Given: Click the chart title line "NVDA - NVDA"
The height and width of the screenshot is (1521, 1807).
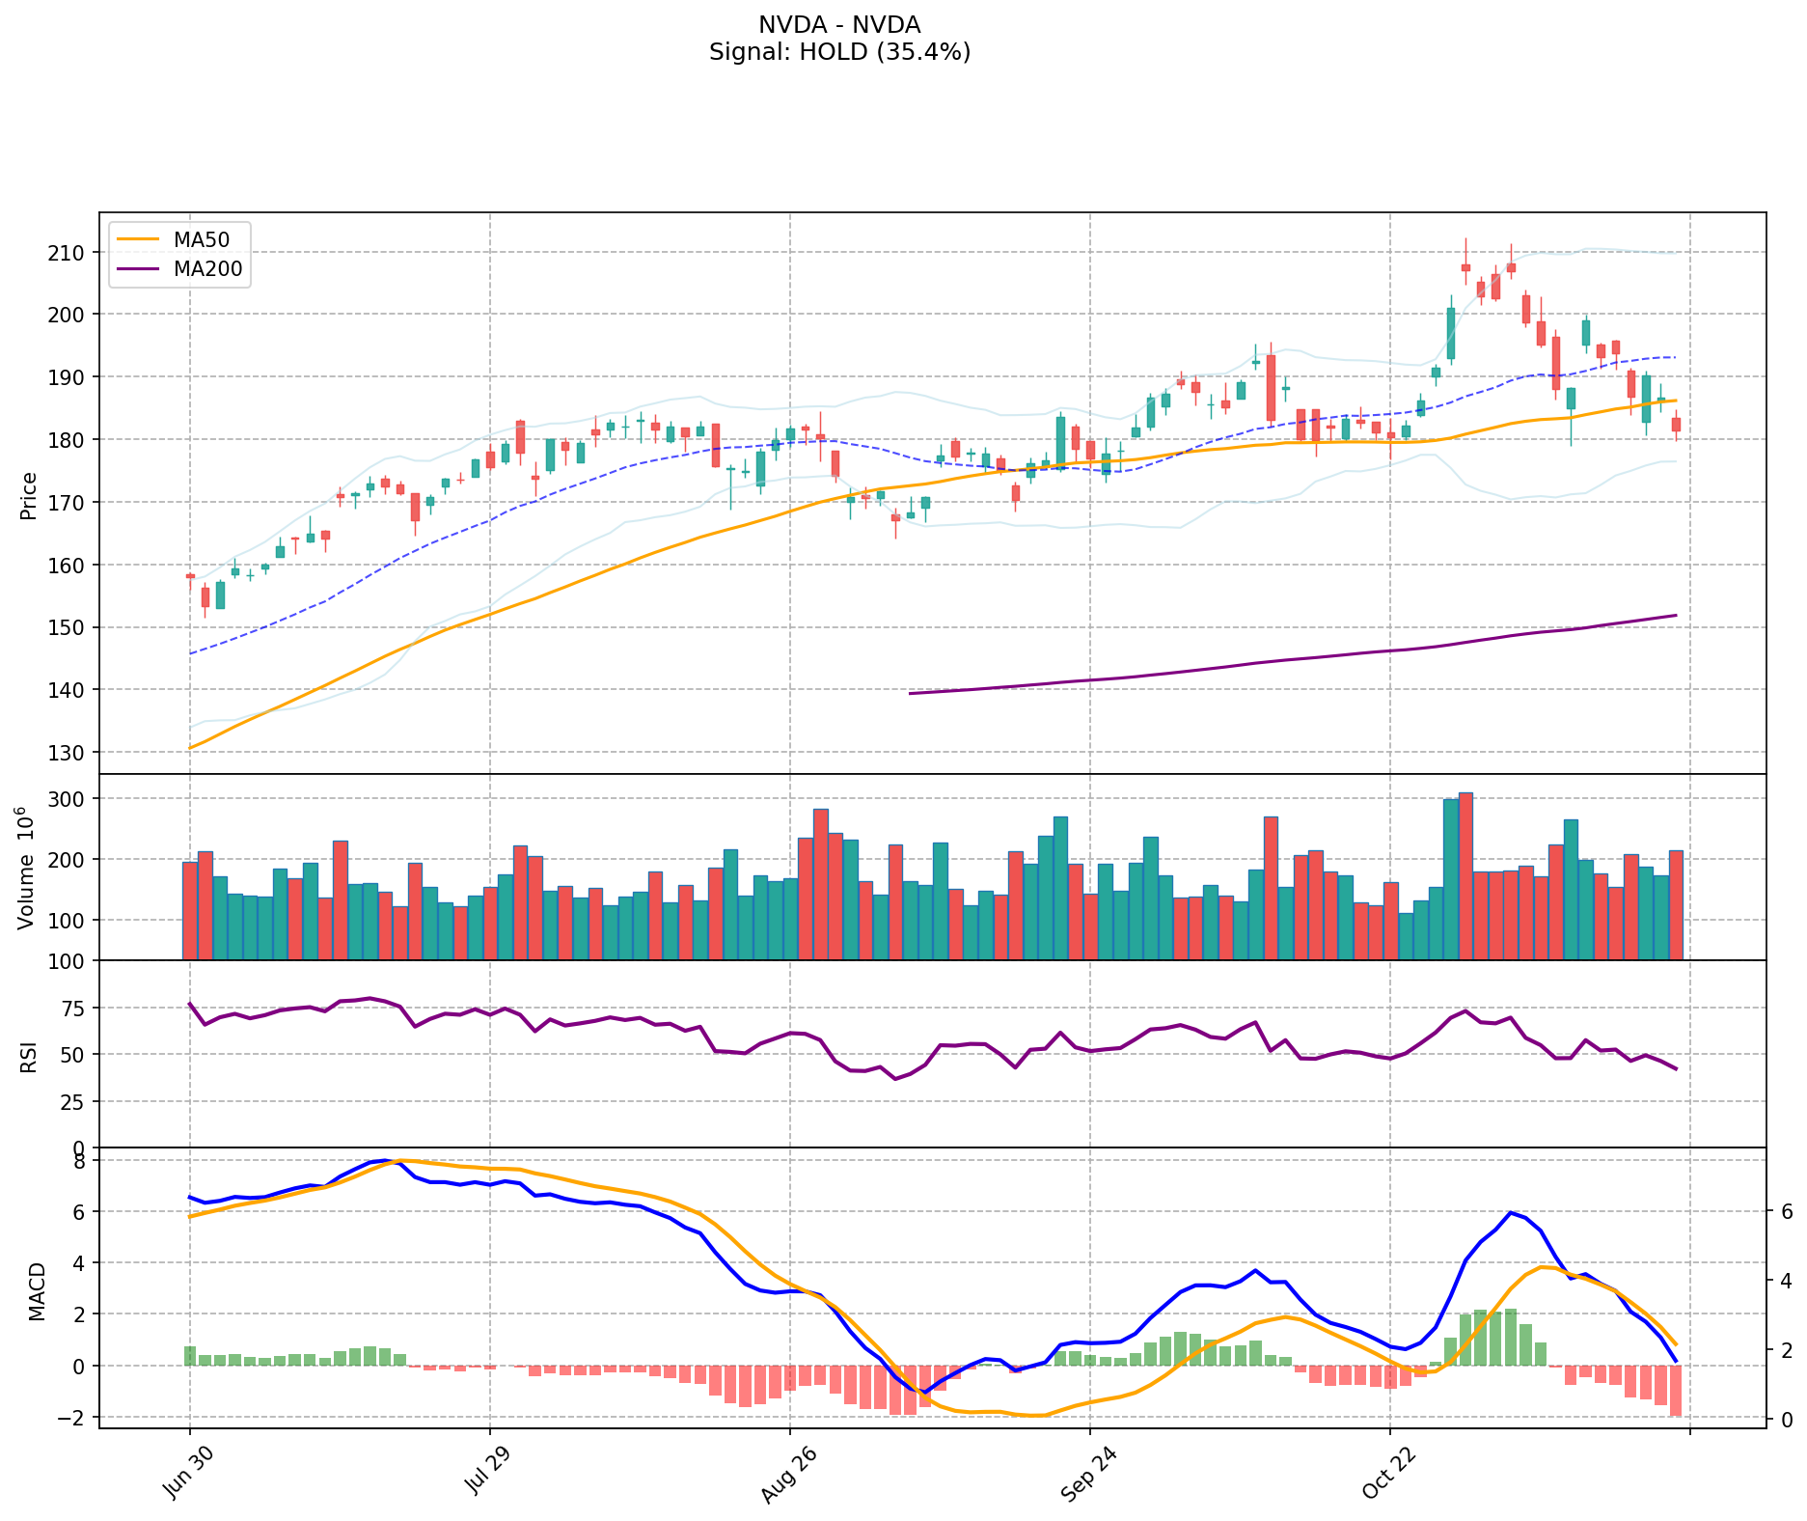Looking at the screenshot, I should pyautogui.click(x=839, y=25).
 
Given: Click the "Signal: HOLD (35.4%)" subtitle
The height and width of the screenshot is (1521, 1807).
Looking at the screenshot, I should pyautogui.click(x=839, y=52).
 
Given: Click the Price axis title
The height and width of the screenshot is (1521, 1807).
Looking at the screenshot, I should pyautogui.click(x=29, y=496).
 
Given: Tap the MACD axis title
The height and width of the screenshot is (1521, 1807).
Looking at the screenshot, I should pyautogui.click(x=37, y=1291).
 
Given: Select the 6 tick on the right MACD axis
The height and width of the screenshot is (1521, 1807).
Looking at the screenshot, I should pyautogui.click(x=1786, y=1211).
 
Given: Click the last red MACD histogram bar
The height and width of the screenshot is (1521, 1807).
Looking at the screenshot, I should pyautogui.click(x=1676, y=1391).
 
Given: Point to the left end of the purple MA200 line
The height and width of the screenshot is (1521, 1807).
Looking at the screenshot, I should pyautogui.click(x=911, y=693).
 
